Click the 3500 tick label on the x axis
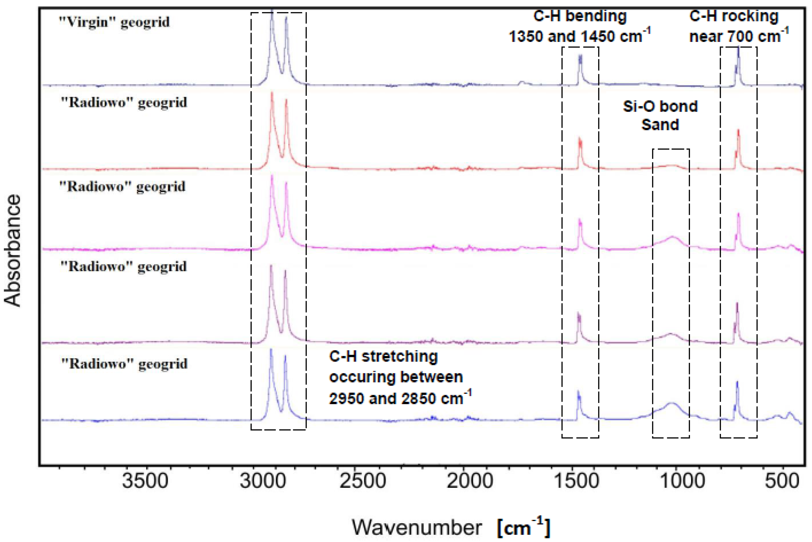pos(145,481)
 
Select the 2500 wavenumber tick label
pos(363,481)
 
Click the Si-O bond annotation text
pos(660,106)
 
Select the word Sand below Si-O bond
pos(660,125)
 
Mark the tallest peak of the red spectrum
pos(272,93)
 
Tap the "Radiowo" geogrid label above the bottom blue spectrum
pos(124,364)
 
